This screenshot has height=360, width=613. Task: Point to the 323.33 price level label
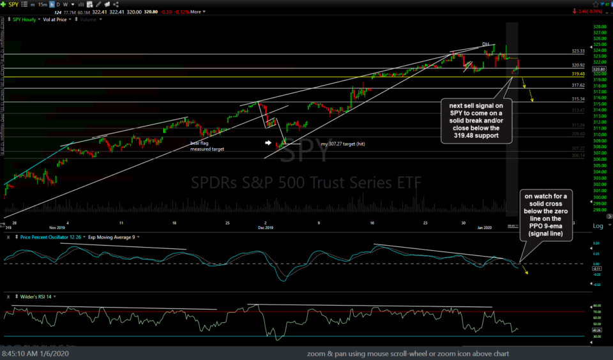tap(579, 50)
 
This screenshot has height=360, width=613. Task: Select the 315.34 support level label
tap(579, 99)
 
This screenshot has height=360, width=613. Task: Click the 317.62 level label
tap(579, 85)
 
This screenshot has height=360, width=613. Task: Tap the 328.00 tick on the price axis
tap(599, 27)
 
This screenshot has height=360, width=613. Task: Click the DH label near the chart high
tap(485, 44)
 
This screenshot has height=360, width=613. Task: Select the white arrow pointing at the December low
tap(269, 143)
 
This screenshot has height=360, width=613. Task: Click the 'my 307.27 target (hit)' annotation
tap(343, 144)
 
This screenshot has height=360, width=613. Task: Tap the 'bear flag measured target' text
tap(206, 146)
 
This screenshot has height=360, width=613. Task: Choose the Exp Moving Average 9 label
tap(112, 237)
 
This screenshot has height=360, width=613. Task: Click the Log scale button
tap(598, 226)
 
